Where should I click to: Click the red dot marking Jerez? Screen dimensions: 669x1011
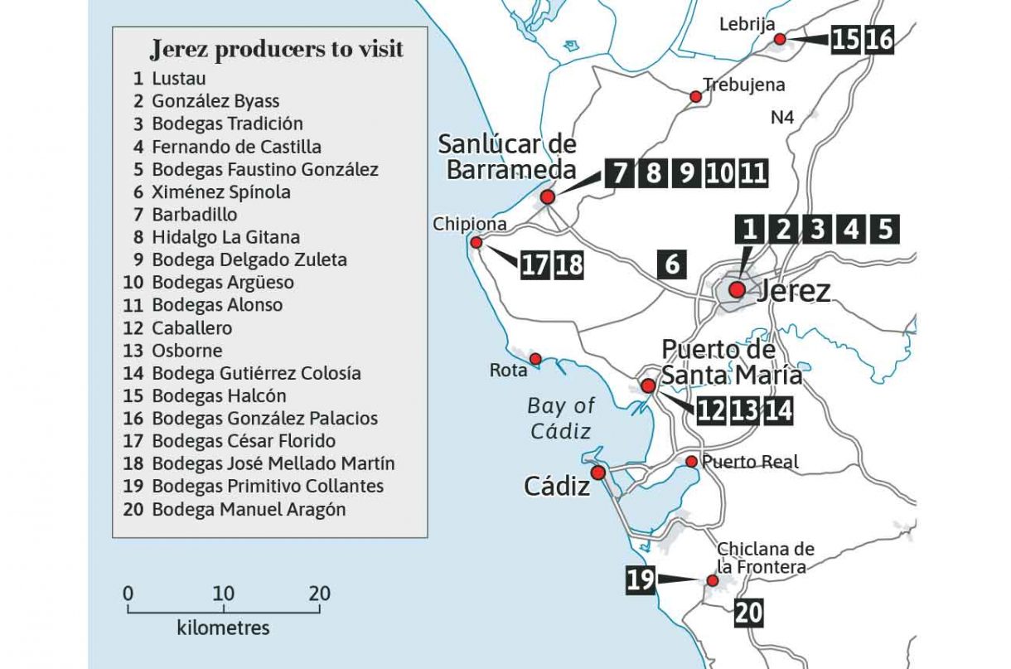pos(736,289)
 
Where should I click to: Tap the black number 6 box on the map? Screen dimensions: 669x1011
pos(671,264)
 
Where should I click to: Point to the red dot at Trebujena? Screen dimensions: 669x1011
pos(696,97)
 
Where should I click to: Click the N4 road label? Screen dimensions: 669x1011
pos(782,118)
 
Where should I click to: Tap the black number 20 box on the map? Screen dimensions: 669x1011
pos(747,613)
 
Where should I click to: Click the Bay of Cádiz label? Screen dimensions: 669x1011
pos(561,418)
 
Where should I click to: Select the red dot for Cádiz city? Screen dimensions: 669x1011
pos(597,472)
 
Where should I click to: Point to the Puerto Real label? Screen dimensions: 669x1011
pos(750,462)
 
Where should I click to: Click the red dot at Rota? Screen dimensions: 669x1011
pos(535,359)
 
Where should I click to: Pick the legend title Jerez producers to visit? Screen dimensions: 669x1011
pos(276,50)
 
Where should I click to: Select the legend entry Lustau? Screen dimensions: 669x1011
pos(178,79)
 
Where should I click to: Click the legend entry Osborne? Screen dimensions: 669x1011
pos(186,350)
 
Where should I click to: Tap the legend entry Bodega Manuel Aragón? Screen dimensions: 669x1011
pos(249,509)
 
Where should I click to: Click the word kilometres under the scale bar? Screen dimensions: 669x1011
pos(223,628)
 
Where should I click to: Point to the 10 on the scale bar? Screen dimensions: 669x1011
pos(223,594)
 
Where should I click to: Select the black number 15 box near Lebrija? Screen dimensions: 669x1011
pos(844,39)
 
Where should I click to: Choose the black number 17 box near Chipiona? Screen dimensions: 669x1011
pos(535,264)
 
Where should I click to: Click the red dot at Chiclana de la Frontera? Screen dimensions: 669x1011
pos(711,582)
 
